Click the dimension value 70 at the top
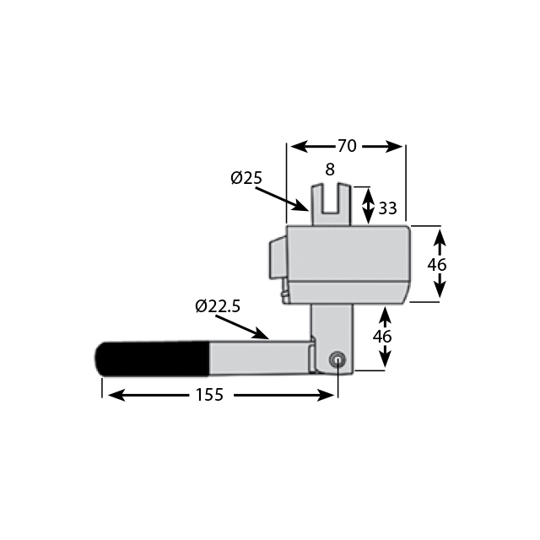(x=346, y=146)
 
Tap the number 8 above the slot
(x=331, y=169)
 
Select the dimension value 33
(x=387, y=207)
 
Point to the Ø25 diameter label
(x=246, y=178)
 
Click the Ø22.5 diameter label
(x=218, y=306)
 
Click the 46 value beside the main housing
(x=436, y=264)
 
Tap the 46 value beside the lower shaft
(x=382, y=336)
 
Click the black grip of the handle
(x=152, y=358)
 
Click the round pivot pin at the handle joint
(x=337, y=359)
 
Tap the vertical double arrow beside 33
(x=369, y=206)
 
